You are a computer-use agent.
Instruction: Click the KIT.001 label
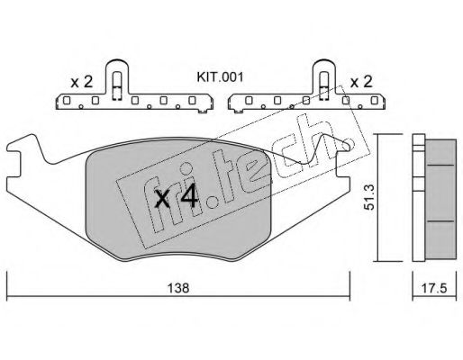(220, 77)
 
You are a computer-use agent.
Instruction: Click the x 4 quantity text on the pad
(176, 197)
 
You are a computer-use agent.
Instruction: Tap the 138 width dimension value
(178, 288)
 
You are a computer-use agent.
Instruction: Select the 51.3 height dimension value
(368, 197)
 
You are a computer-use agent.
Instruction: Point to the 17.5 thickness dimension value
(434, 289)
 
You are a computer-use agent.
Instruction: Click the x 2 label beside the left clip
(81, 82)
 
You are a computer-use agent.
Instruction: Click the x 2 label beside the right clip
(361, 82)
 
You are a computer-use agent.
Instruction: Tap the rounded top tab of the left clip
(117, 64)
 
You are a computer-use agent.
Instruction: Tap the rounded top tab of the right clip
(323, 64)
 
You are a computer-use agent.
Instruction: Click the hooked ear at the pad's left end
(21, 146)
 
